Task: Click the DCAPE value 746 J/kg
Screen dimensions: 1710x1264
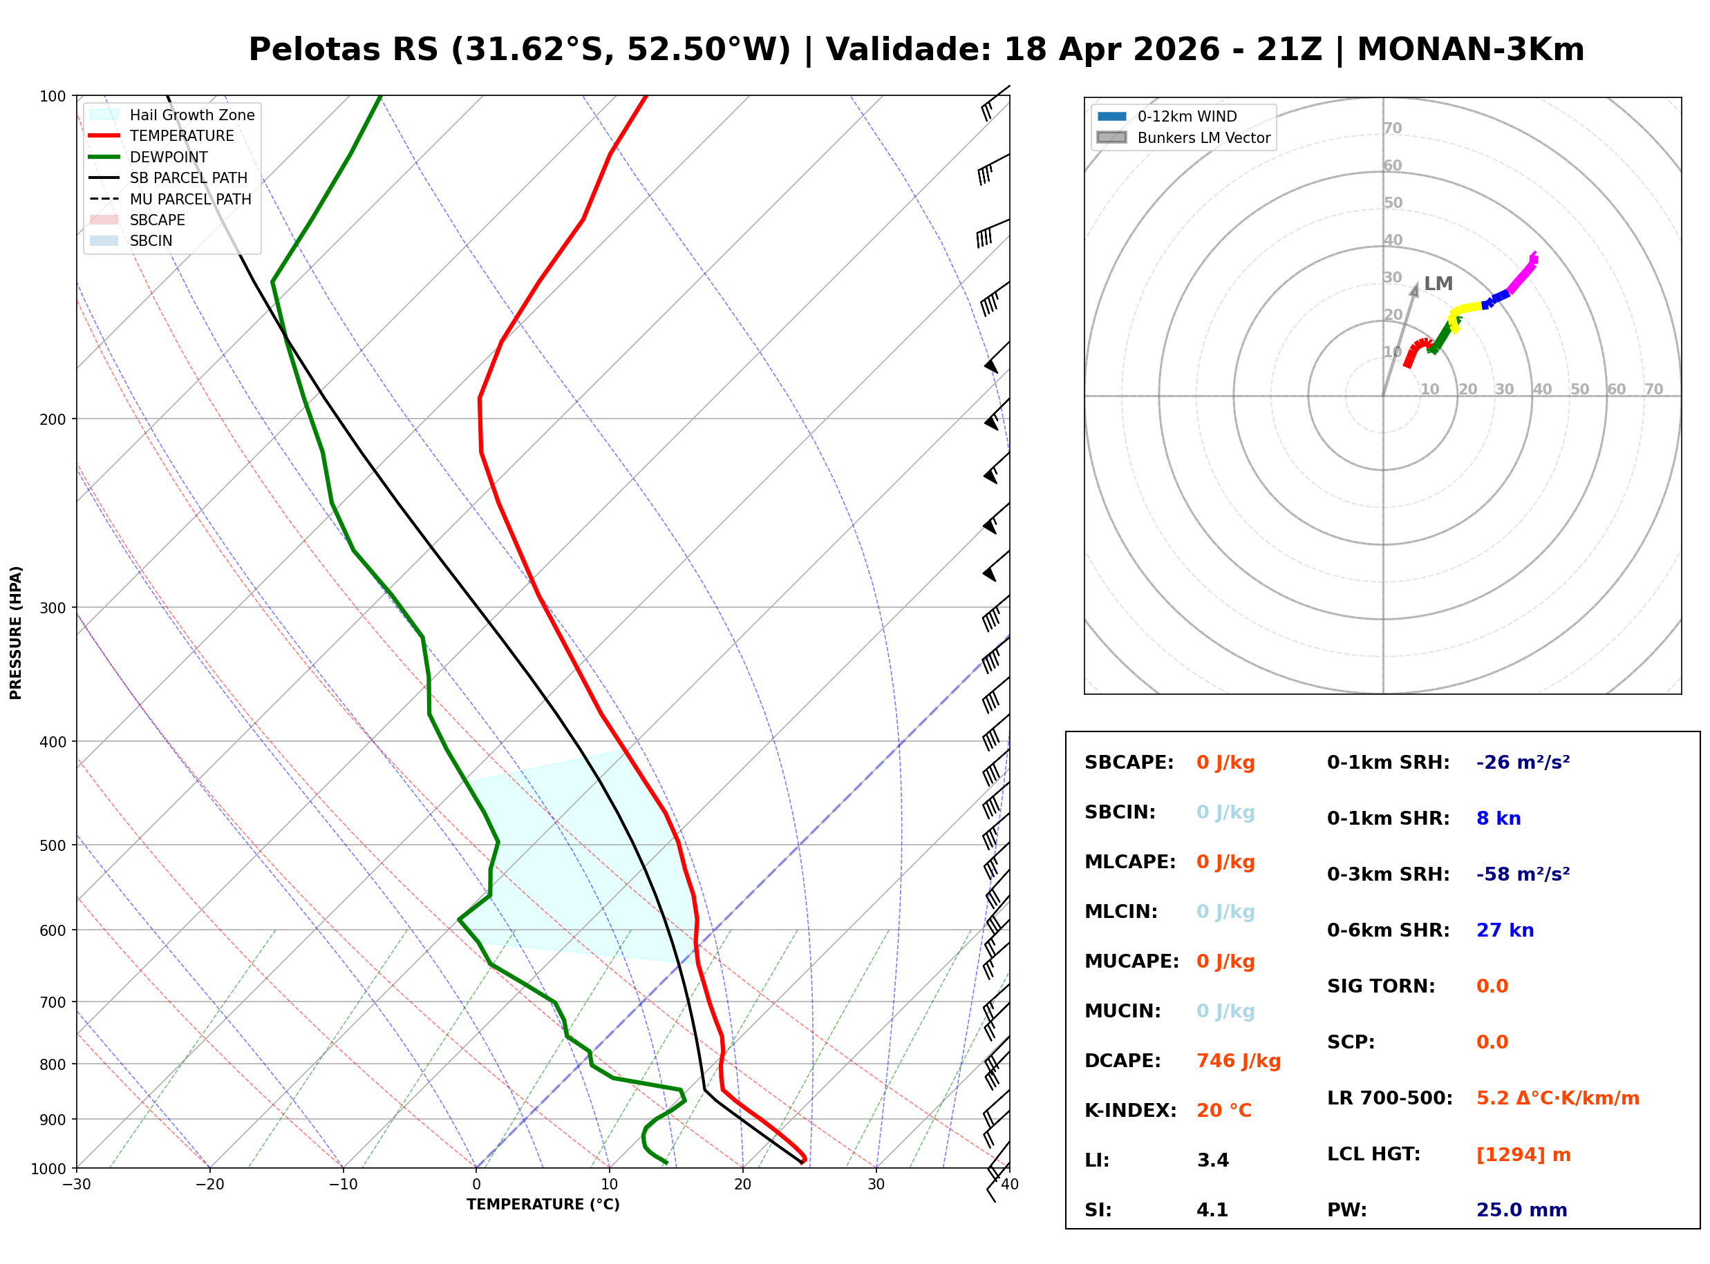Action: click(1239, 1061)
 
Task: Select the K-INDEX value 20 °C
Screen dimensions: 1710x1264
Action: click(1224, 1111)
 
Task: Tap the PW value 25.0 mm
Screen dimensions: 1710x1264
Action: click(1522, 1210)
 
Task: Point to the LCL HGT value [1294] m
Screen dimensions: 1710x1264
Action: click(1523, 1155)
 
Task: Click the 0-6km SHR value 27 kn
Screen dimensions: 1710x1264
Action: click(1505, 930)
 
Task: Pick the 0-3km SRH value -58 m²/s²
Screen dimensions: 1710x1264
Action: click(1523, 874)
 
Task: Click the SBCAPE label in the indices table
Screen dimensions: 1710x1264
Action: click(1129, 763)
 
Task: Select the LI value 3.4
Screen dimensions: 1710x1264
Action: click(1213, 1160)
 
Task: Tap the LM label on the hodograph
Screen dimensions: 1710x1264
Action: click(1438, 284)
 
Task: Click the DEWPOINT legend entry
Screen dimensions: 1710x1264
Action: click(169, 157)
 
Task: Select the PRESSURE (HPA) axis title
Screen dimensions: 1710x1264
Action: click(16, 633)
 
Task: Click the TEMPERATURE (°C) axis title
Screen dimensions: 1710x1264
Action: click(543, 1205)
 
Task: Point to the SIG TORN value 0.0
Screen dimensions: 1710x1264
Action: click(1492, 986)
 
